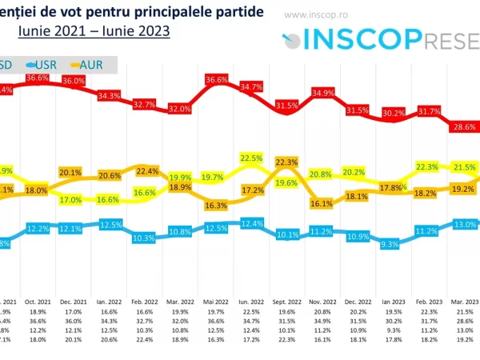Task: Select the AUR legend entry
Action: pyautogui.click(x=99, y=63)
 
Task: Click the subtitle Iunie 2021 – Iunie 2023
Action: pyautogui.click(x=94, y=30)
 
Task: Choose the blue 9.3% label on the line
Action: pyautogui.click(x=391, y=243)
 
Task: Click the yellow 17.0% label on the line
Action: pyautogui.click(x=71, y=200)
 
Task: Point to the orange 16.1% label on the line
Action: pyautogui.click(x=321, y=204)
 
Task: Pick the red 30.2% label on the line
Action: pyautogui.click(x=391, y=114)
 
